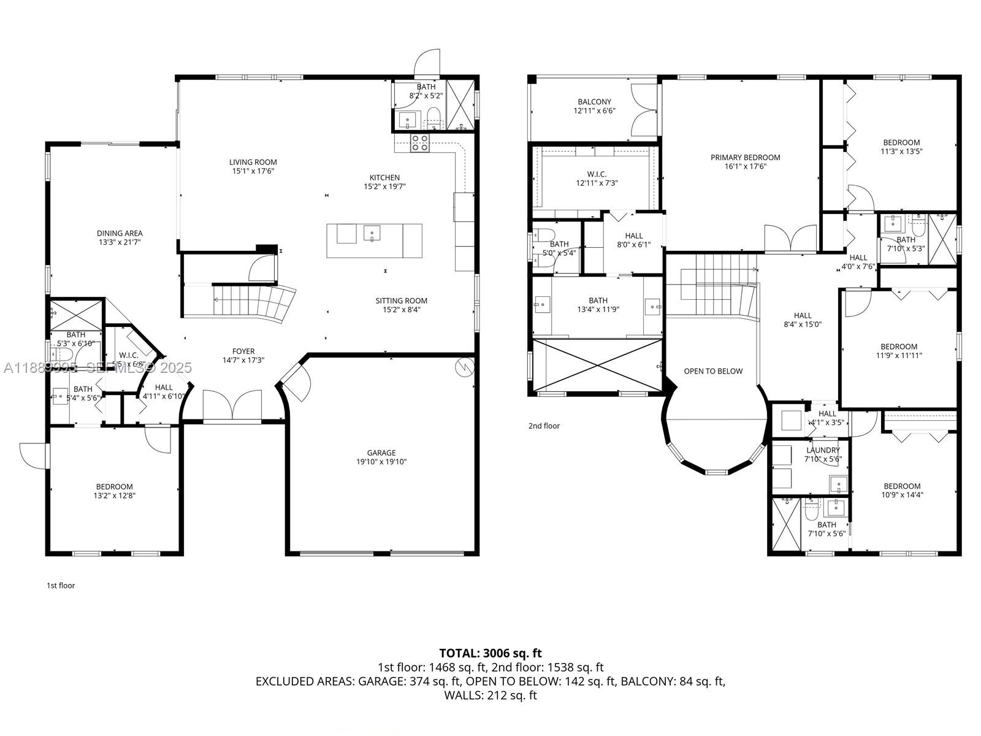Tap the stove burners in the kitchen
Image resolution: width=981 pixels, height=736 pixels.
(x=420, y=143)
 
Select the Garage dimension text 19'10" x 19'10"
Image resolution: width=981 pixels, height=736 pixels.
(x=381, y=462)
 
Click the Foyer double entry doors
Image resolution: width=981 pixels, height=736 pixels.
(x=232, y=405)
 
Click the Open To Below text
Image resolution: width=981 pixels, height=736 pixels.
(x=712, y=371)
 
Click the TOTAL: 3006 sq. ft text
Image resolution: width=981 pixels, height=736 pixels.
(x=490, y=653)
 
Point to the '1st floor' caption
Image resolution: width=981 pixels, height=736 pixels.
(x=61, y=585)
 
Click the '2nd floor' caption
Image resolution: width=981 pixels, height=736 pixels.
(x=544, y=426)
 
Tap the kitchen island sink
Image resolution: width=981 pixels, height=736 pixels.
(x=372, y=233)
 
